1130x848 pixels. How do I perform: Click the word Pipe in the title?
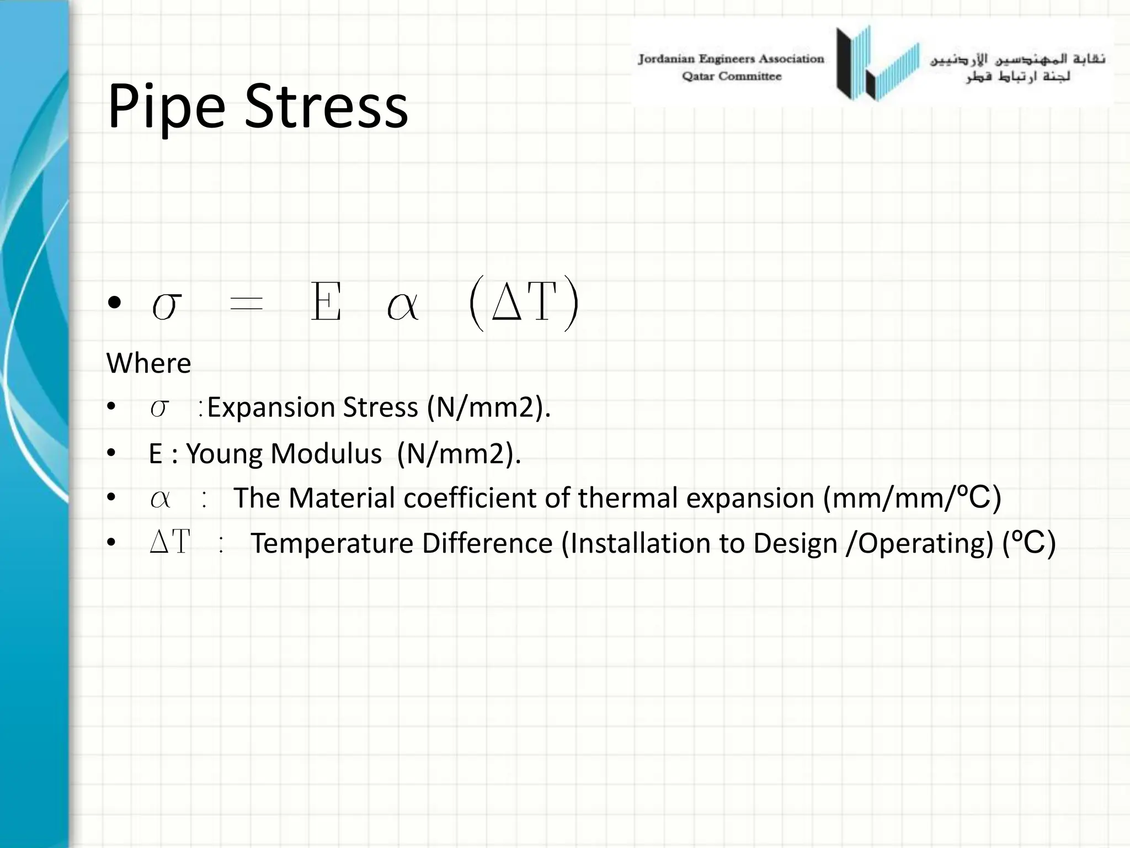point(166,107)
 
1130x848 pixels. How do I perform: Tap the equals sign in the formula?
point(246,303)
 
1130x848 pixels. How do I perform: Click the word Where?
point(148,363)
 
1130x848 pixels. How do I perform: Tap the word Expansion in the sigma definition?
point(271,408)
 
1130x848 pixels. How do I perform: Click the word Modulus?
point(326,454)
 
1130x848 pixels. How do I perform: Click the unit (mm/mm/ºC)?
point(912,498)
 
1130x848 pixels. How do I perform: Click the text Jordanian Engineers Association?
point(731,59)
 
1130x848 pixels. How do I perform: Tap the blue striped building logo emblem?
point(877,63)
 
